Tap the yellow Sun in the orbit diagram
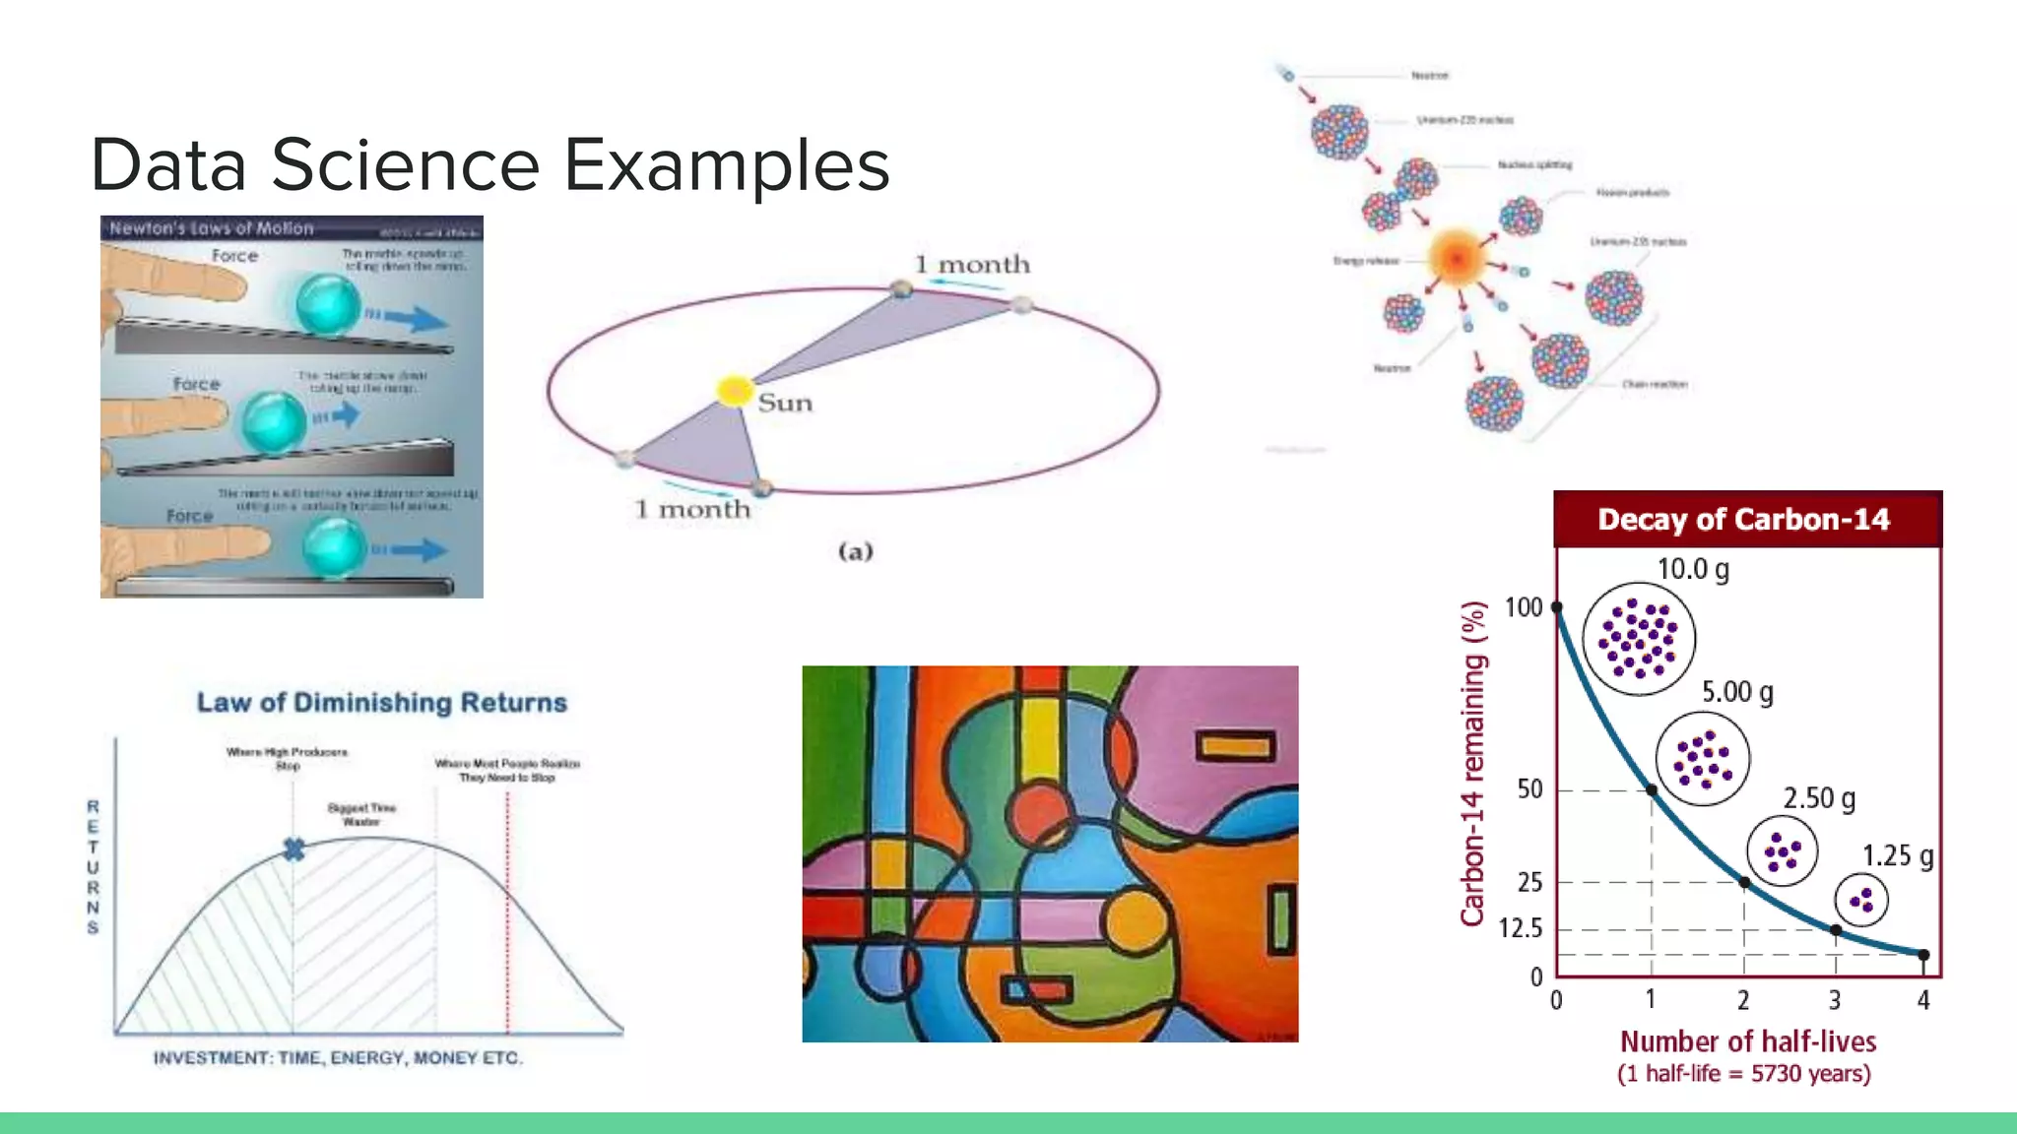[x=734, y=391]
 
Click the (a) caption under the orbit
[x=855, y=551]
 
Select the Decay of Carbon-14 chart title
[x=1743, y=520]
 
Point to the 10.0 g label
[x=1693, y=569]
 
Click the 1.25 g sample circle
[x=1860, y=900]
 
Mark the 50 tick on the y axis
[x=1529, y=789]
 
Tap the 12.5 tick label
[x=1521, y=928]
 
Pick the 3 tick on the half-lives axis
[x=1835, y=1000]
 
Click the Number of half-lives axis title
[x=1748, y=1041]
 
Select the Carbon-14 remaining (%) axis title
[x=1472, y=764]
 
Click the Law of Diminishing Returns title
[x=382, y=703]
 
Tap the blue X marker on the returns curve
[x=293, y=849]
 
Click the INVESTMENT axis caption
[x=338, y=1058]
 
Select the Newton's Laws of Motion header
[x=212, y=228]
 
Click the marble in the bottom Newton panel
[x=334, y=546]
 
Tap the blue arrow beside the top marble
[x=414, y=318]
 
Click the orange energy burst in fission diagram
[x=1456, y=258]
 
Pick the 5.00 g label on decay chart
[x=1737, y=692]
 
